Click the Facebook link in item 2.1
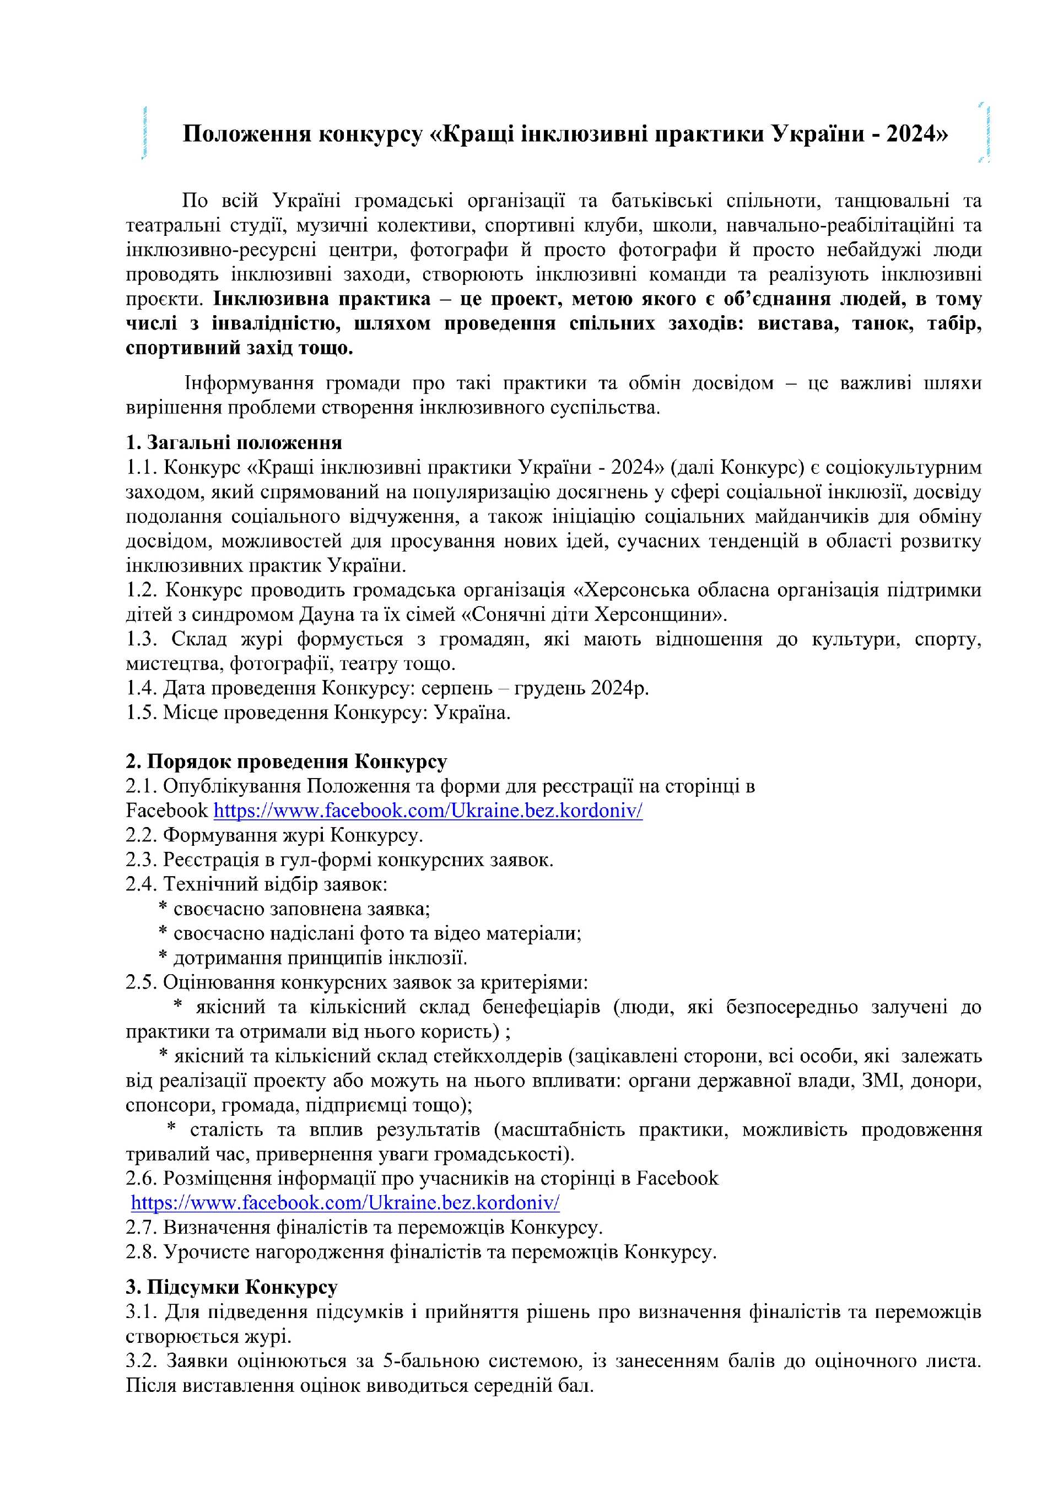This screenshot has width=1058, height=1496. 428,811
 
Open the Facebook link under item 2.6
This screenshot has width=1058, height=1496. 346,1202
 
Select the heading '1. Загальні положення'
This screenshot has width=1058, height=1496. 234,442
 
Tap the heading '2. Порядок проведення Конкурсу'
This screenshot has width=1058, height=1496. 286,761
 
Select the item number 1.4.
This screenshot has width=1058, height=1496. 141,688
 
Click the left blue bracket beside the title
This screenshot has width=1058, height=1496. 144,133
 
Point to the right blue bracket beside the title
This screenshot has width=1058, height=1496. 986,133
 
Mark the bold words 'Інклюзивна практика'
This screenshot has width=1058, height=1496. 322,299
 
